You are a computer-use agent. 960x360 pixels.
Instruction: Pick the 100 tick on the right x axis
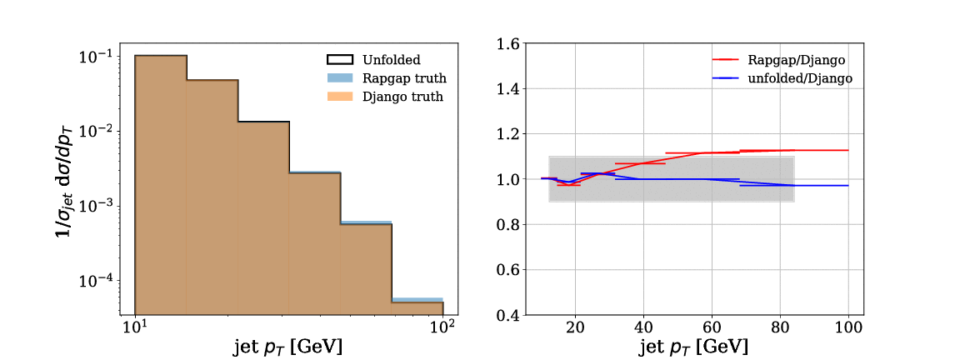(848, 329)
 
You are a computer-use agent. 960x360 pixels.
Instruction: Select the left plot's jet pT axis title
(288, 345)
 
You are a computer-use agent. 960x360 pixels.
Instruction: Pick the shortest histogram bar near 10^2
(417, 307)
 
